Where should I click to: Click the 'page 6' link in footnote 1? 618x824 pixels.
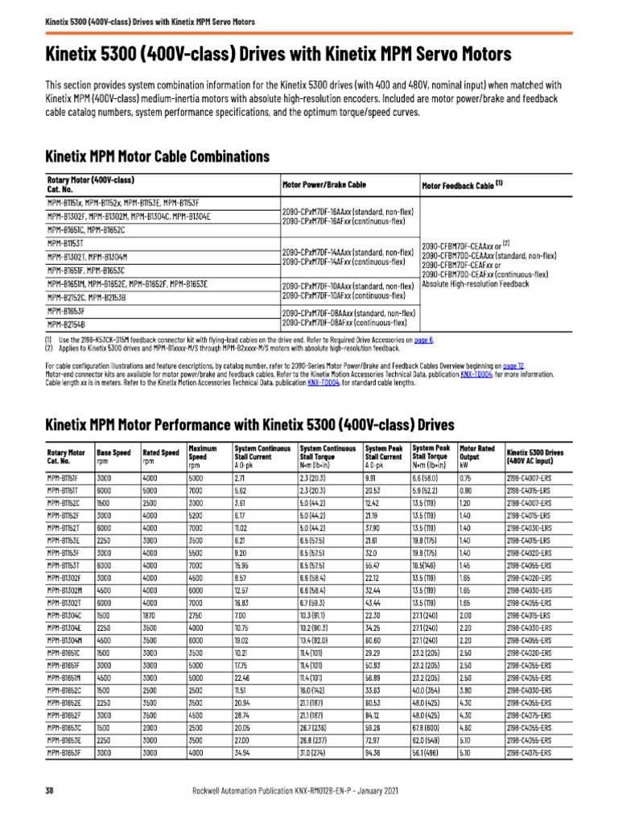423,340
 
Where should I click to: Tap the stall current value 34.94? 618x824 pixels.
243,753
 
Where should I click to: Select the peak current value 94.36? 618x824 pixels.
373,753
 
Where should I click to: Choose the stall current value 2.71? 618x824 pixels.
240,477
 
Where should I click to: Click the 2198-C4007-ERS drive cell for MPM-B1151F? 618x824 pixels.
528,477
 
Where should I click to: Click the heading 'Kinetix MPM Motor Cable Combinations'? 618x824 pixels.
157,156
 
